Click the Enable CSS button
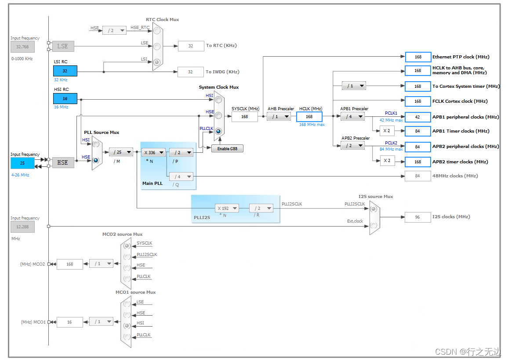[x=227, y=148]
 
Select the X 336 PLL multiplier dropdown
[x=153, y=152]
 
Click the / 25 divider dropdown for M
[x=121, y=152]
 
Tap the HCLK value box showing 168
[x=309, y=116]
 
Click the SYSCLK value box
[x=244, y=116]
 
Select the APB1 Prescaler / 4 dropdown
[x=352, y=116]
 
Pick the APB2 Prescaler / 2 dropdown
[x=352, y=145]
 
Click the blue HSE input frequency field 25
[x=22, y=163]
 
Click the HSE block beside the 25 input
[x=63, y=162]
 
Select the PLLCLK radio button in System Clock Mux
[x=218, y=131]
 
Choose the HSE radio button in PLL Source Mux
[x=95, y=160]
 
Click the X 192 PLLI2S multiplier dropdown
[x=227, y=208]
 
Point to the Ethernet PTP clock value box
[x=418, y=57]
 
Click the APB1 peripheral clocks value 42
[x=418, y=117]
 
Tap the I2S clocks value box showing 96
[x=417, y=217]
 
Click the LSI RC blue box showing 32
[x=65, y=71]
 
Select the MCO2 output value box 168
[x=69, y=264]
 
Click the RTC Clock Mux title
[x=162, y=20]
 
